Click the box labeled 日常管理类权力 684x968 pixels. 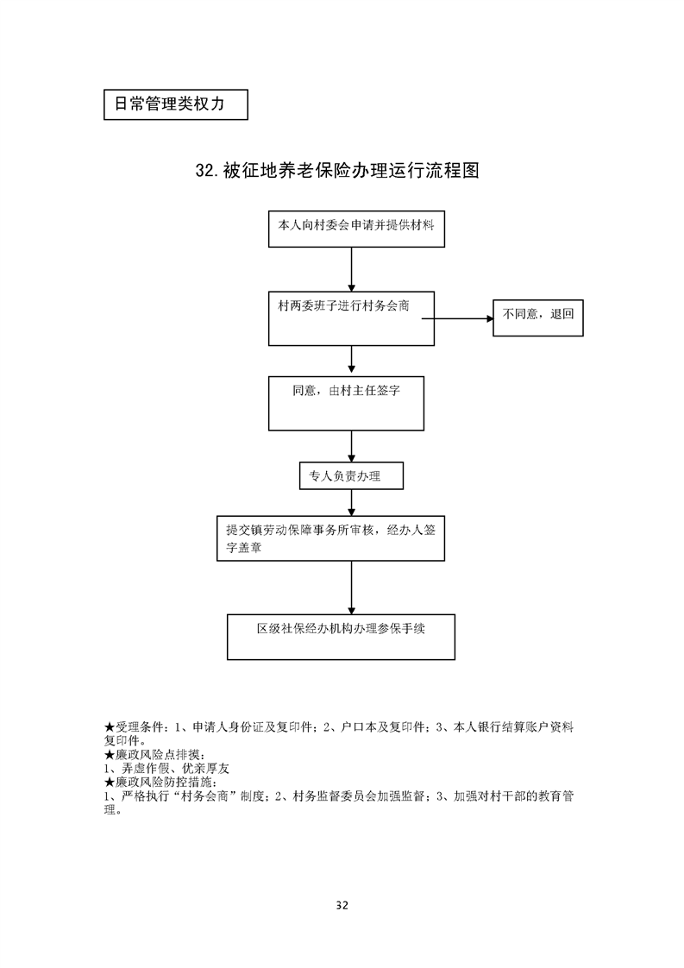[175, 104]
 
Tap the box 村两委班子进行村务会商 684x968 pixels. [351, 317]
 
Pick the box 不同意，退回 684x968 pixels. [537, 317]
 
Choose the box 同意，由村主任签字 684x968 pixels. [346, 403]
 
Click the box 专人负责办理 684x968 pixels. [351, 475]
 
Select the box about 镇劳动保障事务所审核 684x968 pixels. [330, 539]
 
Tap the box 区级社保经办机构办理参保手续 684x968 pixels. [341, 637]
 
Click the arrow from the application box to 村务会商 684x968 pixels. [351, 269]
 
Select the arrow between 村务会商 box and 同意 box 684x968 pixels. [351, 360]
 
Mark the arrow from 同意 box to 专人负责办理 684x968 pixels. [351, 446]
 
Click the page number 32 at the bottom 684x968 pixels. [342, 905]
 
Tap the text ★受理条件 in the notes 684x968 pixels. [133, 727]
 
